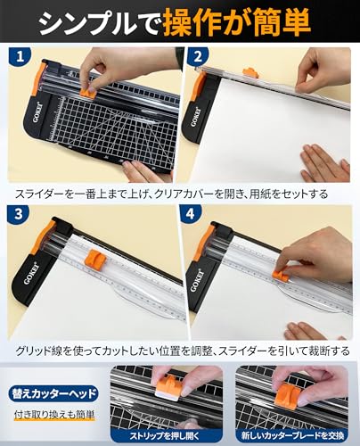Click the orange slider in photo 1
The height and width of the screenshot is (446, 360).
tap(87, 89)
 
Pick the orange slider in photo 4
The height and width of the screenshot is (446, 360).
tap(282, 271)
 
